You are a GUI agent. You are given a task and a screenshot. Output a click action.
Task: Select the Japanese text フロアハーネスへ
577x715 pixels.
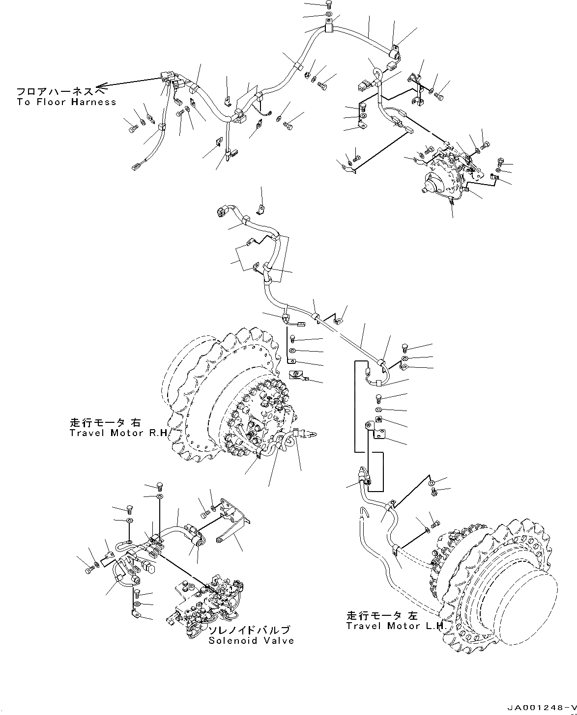pos(61,92)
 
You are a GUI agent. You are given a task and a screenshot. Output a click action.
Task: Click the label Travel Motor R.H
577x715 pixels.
pos(118,433)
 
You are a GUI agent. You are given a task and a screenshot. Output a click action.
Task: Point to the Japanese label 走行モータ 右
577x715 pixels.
pos(105,422)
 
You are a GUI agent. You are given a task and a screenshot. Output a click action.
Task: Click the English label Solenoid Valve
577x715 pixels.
pos(251,640)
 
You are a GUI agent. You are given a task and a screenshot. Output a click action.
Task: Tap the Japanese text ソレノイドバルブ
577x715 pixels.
pos(248,630)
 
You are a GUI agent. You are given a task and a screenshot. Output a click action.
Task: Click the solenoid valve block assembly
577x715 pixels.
pos(206,604)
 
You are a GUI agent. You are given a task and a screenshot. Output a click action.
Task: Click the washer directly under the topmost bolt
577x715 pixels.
pos(329,15)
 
